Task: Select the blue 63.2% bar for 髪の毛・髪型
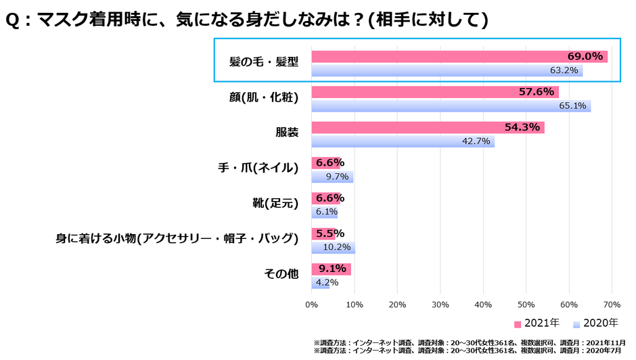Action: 447,70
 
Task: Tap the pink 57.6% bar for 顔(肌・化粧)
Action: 435,92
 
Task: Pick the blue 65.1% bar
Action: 451,106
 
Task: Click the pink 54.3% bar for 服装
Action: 428,127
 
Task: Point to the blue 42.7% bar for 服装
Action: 403,141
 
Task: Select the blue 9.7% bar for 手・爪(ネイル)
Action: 332,177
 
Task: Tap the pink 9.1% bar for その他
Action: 331,269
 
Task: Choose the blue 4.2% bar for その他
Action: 320,283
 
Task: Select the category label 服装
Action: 287,132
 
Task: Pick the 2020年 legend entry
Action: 595,323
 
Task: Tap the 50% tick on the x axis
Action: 526,305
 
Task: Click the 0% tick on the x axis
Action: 311,305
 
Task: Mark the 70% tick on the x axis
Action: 612,305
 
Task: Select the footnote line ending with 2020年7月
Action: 470,351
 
